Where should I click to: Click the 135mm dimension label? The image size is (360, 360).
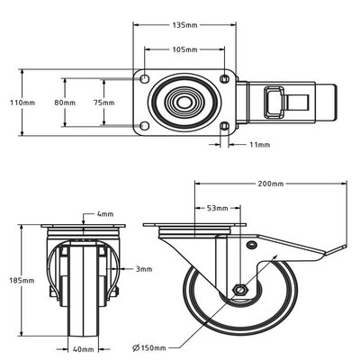tap(184, 25)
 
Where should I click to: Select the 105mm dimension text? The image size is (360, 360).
tap(184, 49)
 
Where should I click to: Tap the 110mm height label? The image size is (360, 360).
tap(22, 103)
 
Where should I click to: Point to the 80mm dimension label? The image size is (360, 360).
tap(65, 103)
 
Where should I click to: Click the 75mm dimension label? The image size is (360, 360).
tap(103, 103)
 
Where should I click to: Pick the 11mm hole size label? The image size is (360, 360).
tap(260, 145)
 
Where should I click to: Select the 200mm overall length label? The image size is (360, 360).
tap(271, 184)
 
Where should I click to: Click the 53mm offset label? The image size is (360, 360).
tap(218, 208)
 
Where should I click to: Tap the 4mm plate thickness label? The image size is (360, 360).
tap(105, 214)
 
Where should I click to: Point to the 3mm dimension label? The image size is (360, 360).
tap(144, 269)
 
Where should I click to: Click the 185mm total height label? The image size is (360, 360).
tap(22, 281)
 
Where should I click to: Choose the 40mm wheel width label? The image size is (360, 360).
tap(84, 349)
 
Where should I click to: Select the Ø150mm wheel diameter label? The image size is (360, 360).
tap(149, 348)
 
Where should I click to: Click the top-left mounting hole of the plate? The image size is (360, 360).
tap(145, 78)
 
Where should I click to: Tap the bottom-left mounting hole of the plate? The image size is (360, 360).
tap(145, 126)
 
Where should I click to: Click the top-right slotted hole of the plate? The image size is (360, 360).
tap(225, 78)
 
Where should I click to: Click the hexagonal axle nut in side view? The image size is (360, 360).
tap(240, 290)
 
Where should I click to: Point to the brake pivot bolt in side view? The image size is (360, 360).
tap(251, 245)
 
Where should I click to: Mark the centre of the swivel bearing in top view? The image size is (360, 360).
tap(184, 103)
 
